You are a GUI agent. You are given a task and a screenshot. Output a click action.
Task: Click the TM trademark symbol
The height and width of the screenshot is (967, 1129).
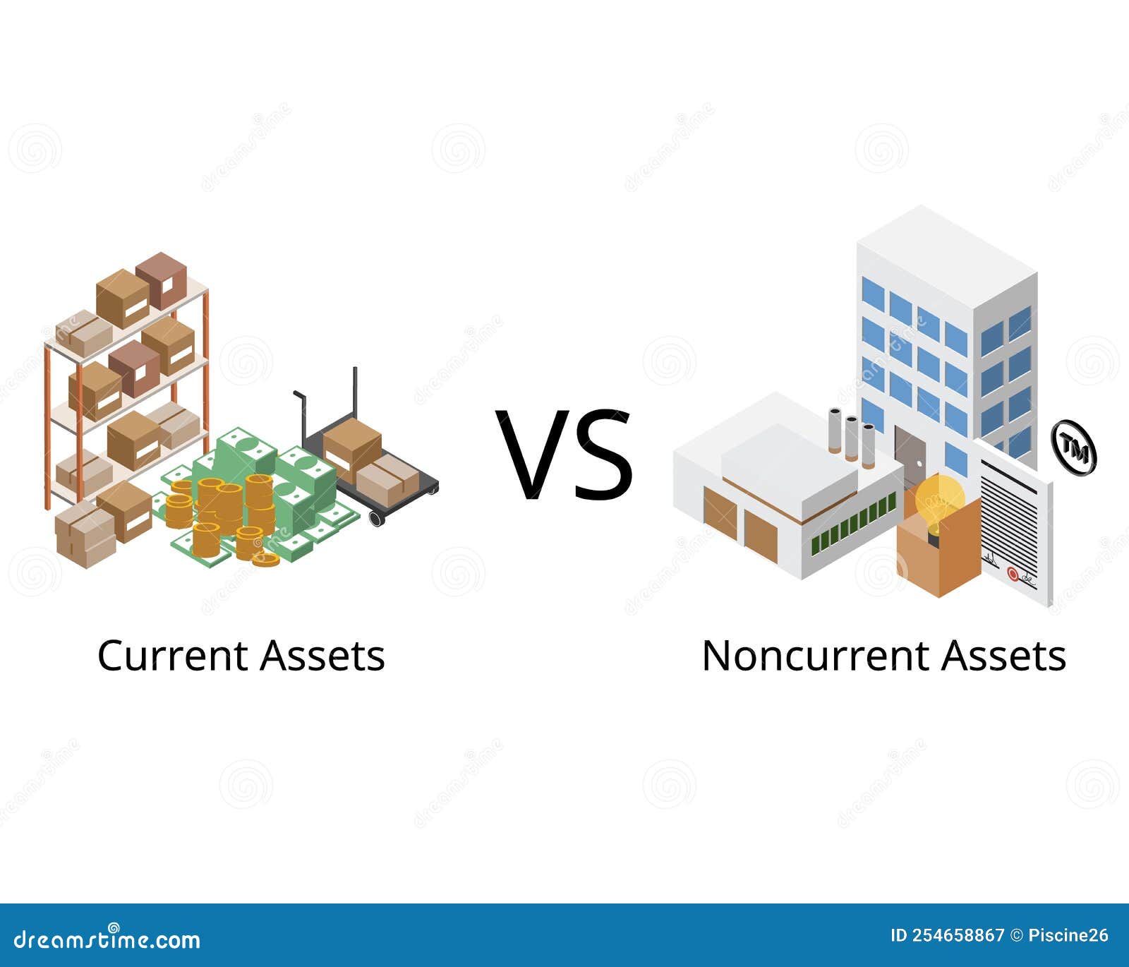1073,448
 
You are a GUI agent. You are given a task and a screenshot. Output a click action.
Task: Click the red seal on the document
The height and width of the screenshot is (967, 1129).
1013,573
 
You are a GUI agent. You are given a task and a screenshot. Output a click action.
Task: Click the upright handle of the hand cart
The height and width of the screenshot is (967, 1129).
355,395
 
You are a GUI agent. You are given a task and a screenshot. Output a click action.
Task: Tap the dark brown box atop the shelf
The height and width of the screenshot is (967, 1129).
162,281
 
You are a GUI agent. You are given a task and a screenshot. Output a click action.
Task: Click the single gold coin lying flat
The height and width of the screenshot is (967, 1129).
265,560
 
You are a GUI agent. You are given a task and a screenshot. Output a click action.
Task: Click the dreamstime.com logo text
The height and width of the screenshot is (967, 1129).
107,939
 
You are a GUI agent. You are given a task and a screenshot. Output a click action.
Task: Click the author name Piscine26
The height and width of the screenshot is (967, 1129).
1068,936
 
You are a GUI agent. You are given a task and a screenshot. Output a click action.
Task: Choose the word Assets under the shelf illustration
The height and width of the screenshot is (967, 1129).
322,656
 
